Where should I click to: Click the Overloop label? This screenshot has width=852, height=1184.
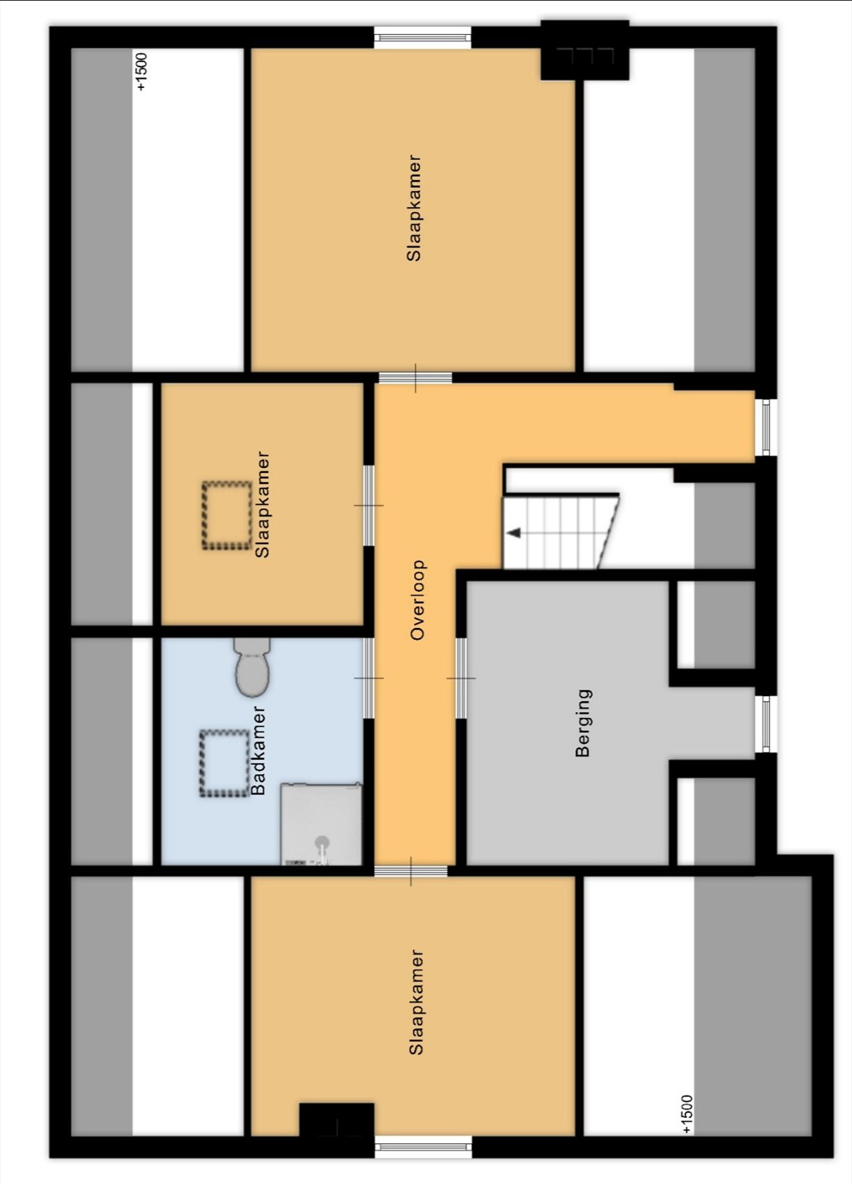point(417,600)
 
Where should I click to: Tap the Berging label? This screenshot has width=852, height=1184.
point(583,723)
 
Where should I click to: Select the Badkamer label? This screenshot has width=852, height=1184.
point(258,750)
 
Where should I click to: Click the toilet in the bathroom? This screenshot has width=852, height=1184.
point(252,667)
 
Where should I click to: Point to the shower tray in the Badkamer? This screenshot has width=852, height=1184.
point(321,824)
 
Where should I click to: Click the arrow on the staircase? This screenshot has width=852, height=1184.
point(513,533)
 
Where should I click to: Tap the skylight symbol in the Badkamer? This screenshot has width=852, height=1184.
point(225,763)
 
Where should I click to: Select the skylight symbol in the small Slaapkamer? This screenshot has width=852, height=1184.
point(226,515)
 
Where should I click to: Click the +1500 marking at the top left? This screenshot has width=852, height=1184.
point(142,72)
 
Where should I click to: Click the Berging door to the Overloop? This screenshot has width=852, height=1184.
point(461,678)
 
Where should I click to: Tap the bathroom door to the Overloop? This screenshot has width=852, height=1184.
point(369,678)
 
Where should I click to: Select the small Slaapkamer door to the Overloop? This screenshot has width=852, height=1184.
point(369,505)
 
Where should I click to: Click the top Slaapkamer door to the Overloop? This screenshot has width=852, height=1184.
point(415,378)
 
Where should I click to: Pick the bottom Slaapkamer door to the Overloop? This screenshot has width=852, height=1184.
point(411,871)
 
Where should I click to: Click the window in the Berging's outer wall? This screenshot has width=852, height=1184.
point(766,724)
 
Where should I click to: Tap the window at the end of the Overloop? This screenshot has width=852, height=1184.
point(766,427)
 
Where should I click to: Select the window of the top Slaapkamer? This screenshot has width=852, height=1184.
point(423,37)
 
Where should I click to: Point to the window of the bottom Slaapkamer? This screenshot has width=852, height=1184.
point(423,1147)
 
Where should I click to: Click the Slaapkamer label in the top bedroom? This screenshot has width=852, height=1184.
point(414,208)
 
